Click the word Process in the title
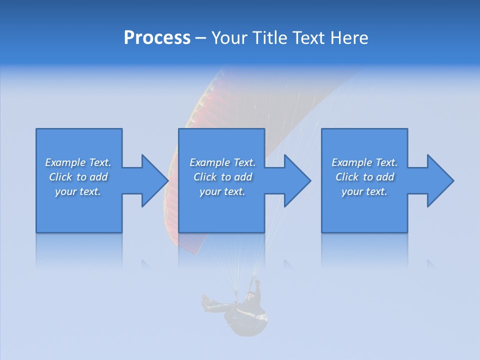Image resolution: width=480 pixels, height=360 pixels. (x=157, y=38)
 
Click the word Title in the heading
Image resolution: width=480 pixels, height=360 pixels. (x=270, y=38)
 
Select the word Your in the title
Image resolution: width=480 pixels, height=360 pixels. (x=230, y=38)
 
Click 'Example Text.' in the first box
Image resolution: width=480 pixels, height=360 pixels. (x=78, y=162)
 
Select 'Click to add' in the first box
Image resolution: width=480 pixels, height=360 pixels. (x=78, y=177)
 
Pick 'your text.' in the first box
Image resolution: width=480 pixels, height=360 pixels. (x=78, y=191)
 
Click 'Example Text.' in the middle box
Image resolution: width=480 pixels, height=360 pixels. (x=222, y=162)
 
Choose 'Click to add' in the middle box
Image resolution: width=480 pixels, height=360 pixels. (x=222, y=177)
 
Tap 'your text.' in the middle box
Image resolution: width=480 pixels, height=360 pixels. (x=222, y=191)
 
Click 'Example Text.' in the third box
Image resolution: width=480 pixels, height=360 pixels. (x=364, y=162)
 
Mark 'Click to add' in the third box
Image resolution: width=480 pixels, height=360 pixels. (x=364, y=177)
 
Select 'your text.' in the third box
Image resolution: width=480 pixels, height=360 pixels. (x=364, y=191)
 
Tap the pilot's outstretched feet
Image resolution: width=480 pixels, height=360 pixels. (x=206, y=302)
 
